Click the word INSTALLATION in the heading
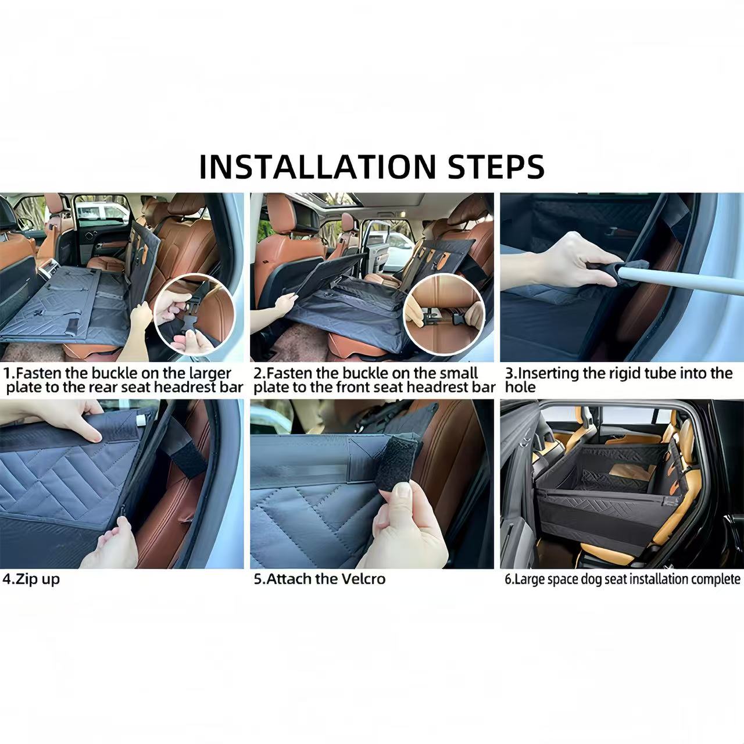coord(317,166)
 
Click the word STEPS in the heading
coord(496,166)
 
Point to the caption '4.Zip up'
coord(31,579)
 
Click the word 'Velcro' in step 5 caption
coord(364,579)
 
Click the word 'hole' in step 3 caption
coord(520,387)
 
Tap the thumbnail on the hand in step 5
coord(402,492)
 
